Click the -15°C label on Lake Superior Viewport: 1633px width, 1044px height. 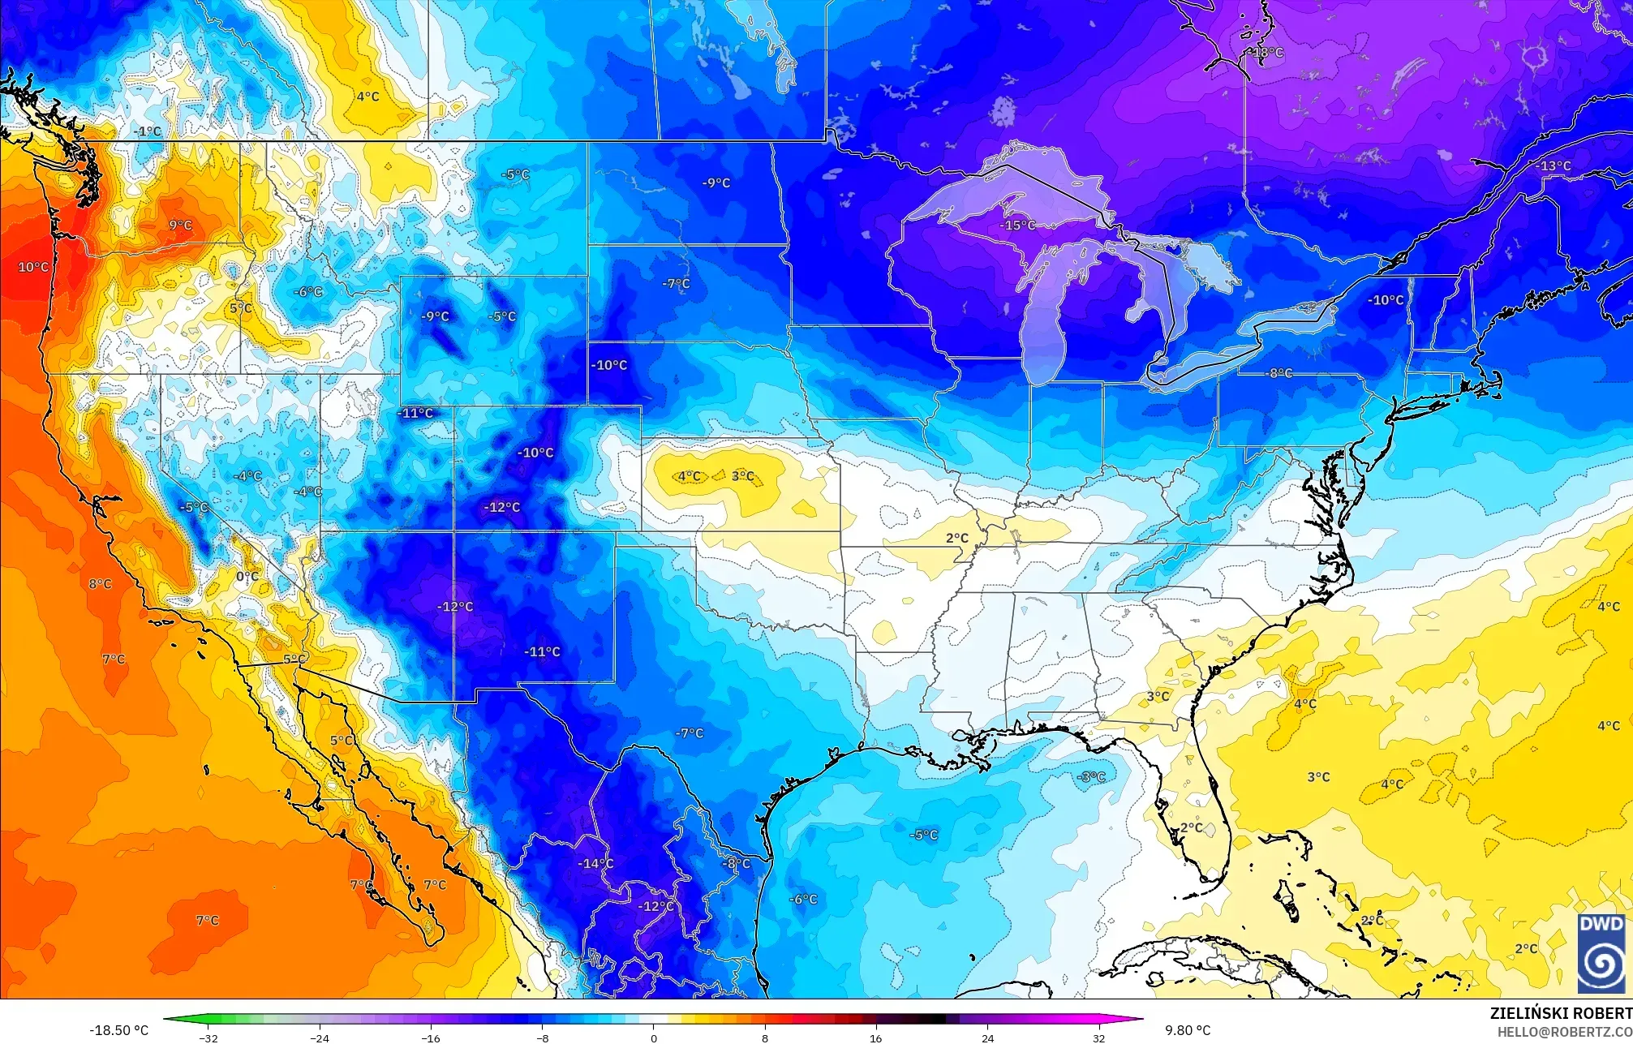click(1019, 226)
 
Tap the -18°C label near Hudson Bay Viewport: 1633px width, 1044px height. click(1268, 53)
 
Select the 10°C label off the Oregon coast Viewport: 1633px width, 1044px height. click(33, 267)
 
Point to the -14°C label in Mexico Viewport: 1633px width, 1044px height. click(595, 864)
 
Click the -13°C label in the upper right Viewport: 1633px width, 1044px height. click(1553, 166)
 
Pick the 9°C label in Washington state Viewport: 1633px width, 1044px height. click(180, 226)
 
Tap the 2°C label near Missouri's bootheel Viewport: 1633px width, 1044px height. click(957, 538)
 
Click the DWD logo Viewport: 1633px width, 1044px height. click(1601, 953)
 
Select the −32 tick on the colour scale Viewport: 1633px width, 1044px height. click(209, 1038)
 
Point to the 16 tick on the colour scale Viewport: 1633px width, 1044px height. click(875, 1038)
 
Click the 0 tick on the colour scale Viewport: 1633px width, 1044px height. click(654, 1038)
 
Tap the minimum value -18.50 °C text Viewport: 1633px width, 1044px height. click(118, 1030)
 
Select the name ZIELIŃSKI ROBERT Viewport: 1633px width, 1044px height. click(1560, 1013)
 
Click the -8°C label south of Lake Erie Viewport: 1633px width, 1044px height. click(1280, 373)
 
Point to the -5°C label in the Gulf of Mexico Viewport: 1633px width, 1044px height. click(923, 835)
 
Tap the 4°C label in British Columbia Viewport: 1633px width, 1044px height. click(367, 97)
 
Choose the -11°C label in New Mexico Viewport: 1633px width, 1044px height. click(542, 651)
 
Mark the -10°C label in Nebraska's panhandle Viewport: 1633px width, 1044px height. click(609, 365)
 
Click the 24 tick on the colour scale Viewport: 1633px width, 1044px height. click(987, 1038)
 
